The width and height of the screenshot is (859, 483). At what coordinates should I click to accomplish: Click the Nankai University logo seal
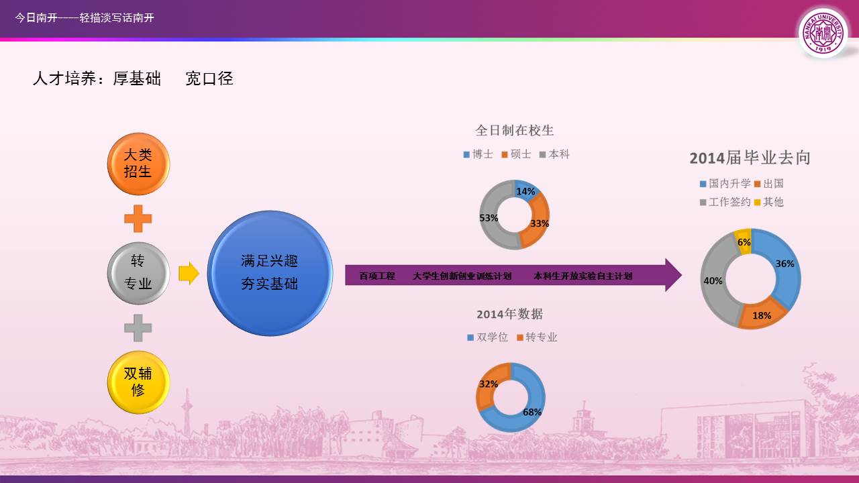[823, 33]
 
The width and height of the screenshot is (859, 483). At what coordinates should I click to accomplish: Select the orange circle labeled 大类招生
[138, 164]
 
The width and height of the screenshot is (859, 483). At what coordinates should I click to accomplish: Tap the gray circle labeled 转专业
[138, 273]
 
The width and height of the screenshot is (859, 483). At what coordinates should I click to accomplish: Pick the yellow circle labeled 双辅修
[138, 382]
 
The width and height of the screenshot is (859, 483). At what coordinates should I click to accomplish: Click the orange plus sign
[138, 219]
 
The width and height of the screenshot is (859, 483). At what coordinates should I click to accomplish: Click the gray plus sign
[138, 328]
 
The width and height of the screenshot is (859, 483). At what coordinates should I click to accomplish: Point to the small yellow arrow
[189, 273]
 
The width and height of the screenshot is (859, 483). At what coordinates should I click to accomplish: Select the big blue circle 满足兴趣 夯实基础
[270, 273]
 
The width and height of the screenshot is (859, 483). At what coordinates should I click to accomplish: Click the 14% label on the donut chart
[525, 191]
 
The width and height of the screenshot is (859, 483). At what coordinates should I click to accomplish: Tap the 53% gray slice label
[489, 218]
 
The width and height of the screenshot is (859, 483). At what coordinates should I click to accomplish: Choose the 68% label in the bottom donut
[532, 412]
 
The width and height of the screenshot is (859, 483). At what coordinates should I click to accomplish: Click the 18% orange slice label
[762, 315]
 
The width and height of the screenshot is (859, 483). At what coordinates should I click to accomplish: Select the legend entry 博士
[478, 154]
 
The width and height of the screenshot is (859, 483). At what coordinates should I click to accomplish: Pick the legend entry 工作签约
[725, 202]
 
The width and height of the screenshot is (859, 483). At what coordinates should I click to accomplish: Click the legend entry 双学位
[488, 337]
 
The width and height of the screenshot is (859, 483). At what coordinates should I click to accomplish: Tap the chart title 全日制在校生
[515, 130]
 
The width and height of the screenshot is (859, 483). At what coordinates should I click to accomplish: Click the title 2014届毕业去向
[750, 158]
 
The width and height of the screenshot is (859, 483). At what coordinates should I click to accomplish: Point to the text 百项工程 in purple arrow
[377, 276]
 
